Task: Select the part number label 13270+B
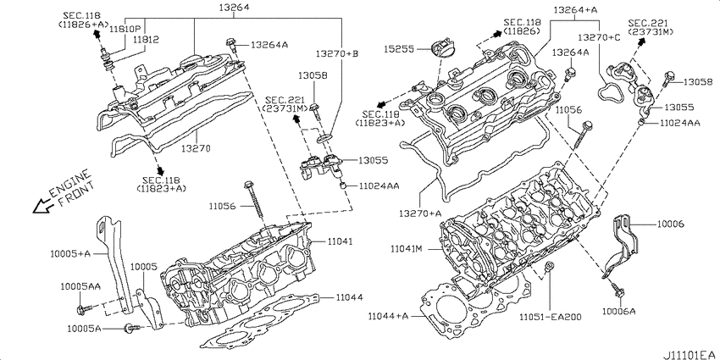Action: (x=336, y=53)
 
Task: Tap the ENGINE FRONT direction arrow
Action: (x=42, y=206)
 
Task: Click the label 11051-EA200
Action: (x=551, y=317)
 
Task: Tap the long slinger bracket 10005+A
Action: (x=116, y=262)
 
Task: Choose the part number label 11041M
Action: (x=406, y=249)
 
